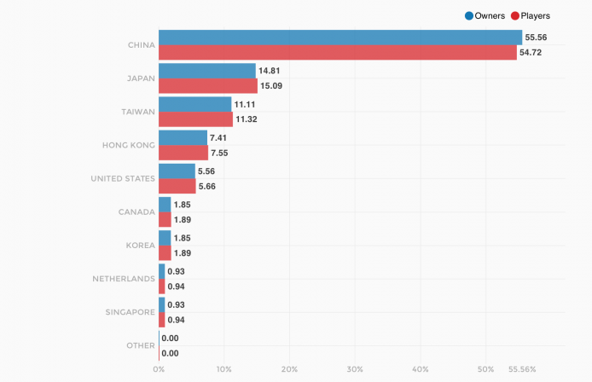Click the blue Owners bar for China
pos(340,38)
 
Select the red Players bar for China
pos(337,53)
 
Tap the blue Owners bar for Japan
pos(206,71)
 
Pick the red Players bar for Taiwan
pos(195,119)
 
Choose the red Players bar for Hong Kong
pos(183,153)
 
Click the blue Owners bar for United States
pos(177,171)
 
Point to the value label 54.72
pos(534,53)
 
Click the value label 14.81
pos(272,71)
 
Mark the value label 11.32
pos(248,119)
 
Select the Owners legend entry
pos(485,15)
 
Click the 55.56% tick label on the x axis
pos(521,369)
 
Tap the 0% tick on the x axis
pos(159,369)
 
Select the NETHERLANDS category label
pos(124,279)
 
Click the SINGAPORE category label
pos(130,312)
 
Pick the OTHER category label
pos(140,345)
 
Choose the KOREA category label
pos(140,246)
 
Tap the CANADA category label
pos(136,211)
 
